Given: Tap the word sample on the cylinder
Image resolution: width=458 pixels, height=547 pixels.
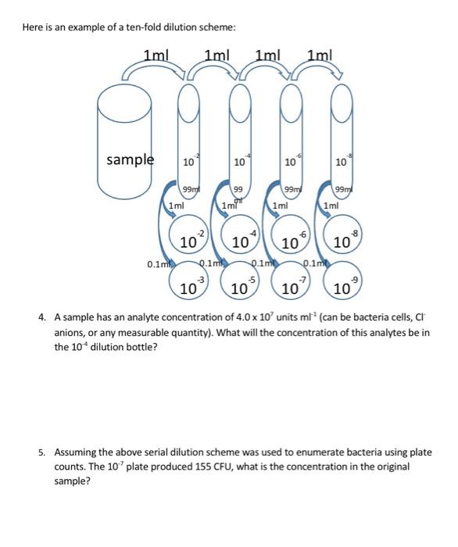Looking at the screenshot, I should pos(130,160).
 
